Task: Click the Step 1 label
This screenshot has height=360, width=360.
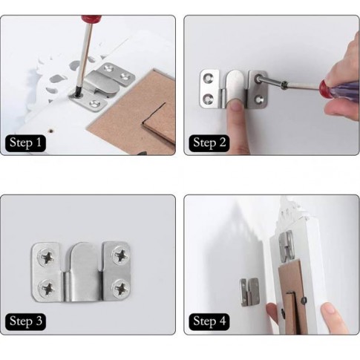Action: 25,143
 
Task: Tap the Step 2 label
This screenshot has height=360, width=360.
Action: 209,143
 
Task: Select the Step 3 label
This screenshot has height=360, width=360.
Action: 25,321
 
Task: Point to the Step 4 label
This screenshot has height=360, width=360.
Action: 209,321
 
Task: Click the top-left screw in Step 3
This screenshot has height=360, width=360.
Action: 48,258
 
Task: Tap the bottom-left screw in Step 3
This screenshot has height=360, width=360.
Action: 48,288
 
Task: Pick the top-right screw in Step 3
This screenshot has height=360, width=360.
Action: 121,255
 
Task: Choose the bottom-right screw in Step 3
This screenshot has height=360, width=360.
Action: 121,288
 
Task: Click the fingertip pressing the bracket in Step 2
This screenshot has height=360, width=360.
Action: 235,107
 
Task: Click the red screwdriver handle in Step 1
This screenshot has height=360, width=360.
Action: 91,19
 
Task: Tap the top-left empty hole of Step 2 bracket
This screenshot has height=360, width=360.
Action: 208,78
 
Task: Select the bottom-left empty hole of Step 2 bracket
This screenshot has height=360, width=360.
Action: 209,99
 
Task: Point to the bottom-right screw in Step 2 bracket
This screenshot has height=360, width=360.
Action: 258,99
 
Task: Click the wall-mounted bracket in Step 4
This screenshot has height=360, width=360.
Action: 249,292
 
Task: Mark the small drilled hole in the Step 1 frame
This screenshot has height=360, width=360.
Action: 51,131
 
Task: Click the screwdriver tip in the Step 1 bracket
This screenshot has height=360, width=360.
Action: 78,94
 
